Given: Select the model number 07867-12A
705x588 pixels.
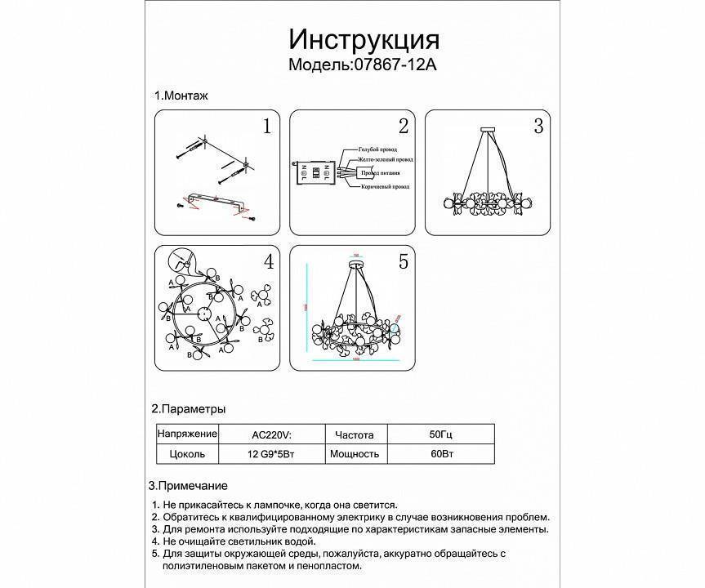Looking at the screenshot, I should coord(394,65).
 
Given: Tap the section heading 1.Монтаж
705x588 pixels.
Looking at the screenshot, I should coord(181,96).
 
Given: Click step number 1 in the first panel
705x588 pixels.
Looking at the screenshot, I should coord(265,127).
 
